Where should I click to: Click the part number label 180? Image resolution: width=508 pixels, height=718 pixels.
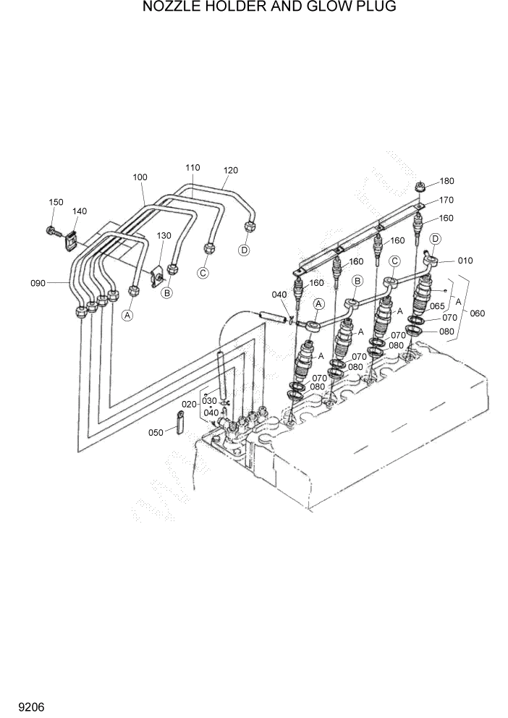446,181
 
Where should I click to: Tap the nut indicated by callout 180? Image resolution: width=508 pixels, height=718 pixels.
420,186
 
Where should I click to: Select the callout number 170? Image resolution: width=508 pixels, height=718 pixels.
446,200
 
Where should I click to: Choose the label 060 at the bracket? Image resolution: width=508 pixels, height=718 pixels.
477,313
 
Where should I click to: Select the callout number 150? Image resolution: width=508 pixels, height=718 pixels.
56,202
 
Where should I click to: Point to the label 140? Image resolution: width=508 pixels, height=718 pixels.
79,211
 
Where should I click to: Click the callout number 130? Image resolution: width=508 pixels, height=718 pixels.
164,235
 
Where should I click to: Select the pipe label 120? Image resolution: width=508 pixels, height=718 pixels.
230,170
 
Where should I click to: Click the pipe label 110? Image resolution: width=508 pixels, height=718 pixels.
192,167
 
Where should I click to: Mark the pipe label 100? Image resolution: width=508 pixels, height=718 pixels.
140,177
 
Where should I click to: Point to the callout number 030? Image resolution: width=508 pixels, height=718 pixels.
209,400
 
